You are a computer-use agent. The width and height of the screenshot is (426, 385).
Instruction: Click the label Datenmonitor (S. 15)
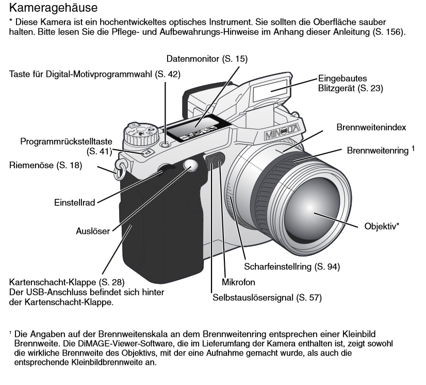point(207,59)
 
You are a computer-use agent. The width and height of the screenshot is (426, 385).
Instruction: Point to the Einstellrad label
point(75,203)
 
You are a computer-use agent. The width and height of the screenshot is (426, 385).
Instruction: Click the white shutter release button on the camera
point(191,165)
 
